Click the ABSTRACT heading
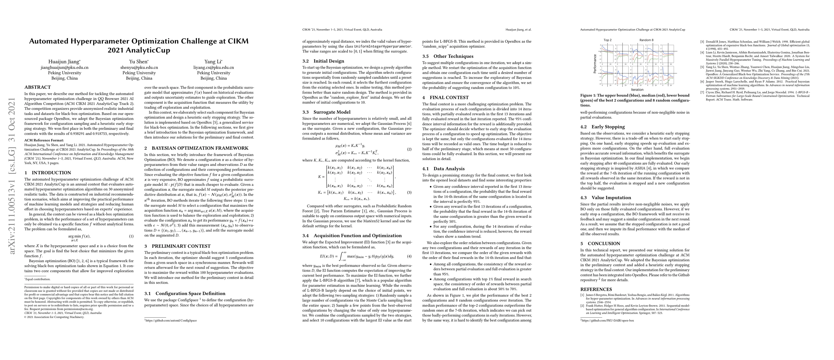coord(37,87)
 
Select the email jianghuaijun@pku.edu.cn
coord(64,68)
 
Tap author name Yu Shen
coord(139,61)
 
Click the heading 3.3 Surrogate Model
coord(326,112)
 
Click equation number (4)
coord(409,256)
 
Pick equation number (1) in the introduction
coord(131,236)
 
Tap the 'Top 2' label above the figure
coord(607,40)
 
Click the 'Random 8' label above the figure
coord(646,40)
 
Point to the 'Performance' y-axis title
coord(595,64)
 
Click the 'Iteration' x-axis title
coord(637,90)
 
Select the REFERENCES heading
coord(596,289)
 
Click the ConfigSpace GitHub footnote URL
coord(171,320)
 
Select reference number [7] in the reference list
coord(702,93)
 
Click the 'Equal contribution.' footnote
coord(38,279)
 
